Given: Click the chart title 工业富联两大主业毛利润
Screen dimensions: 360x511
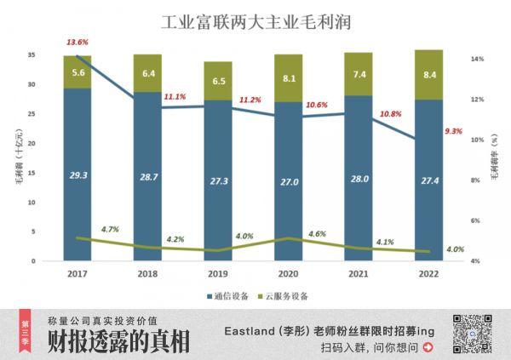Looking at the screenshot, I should pyautogui.click(x=256, y=20).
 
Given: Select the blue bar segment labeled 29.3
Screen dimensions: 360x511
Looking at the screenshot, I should pyautogui.click(x=78, y=174).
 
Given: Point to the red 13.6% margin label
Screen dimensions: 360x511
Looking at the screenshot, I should pyautogui.click(x=78, y=42).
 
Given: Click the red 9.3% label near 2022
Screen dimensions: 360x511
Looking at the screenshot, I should pyautogui.click(x=453, y=131).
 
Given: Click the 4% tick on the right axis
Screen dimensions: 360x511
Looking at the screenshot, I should pyautogui.click(x=479, y=260).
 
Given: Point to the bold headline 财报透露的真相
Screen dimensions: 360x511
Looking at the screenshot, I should pyautogui.click(x=118, y=341).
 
